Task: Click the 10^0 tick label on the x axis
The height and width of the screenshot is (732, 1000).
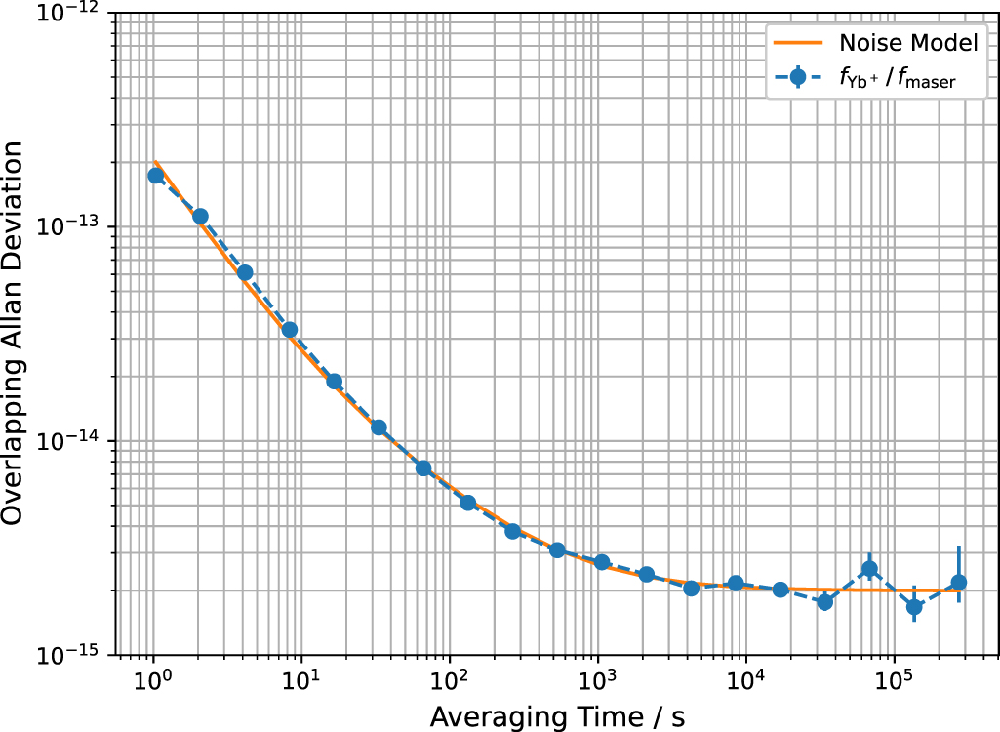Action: pos(152,680)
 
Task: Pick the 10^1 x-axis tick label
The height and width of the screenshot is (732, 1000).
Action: pos(300,680)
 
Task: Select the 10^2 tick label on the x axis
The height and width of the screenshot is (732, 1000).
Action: pos(449,680)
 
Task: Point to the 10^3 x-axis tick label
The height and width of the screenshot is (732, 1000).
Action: pos(597,680)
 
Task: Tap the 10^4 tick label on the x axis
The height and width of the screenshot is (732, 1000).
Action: pos(745,680)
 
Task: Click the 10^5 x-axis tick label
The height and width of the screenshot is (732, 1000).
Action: pos(894,680)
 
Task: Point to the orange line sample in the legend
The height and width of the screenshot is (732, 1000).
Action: pos(799,43)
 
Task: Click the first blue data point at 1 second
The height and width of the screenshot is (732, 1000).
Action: pos(155,176)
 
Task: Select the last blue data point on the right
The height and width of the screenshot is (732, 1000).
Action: pos(959,583)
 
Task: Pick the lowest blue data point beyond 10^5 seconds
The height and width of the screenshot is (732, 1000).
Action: pos(914,607)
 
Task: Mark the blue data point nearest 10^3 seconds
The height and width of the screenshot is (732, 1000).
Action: pos(602,562)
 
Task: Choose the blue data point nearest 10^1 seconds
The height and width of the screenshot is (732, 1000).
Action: pos(290,330)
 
